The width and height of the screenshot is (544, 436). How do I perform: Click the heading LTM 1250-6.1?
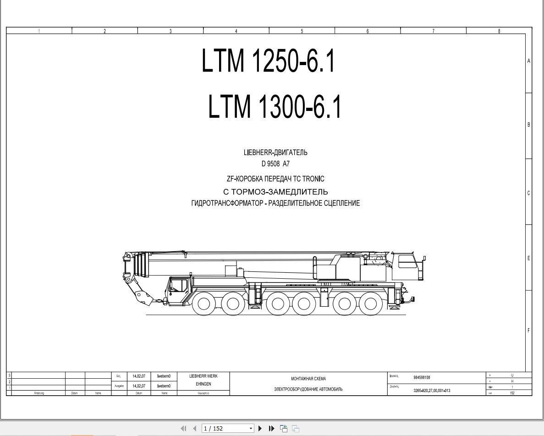click(x=268, y=61)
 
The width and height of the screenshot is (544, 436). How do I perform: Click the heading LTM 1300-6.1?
click(x=275, y=107)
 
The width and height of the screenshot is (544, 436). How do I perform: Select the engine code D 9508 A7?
click(x=275, y=164)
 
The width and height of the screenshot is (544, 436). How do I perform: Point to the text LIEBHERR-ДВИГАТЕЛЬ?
click(x=275, y=153)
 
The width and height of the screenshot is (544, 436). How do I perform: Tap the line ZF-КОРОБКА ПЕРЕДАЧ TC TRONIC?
click(x=275, y=179)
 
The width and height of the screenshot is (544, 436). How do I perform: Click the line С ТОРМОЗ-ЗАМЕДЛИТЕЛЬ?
click(x=275, y=192)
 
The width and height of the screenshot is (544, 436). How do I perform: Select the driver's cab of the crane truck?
click(x=179, y=287)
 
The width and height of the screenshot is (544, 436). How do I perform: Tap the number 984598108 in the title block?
click(x=422, y=378)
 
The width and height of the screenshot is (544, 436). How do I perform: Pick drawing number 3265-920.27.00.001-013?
click(x=431, y=391)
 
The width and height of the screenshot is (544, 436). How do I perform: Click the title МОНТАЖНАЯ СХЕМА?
click(x=308, y=379)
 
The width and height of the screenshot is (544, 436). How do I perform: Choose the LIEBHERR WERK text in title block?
click(x=203, y=376)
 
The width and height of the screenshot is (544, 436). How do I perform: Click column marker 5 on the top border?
click(x=302, y=31)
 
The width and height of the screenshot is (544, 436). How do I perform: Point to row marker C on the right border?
click(x=528, y=193)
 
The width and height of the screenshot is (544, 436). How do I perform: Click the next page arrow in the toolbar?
click(x=260, y=428)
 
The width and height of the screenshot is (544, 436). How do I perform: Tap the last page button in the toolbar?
click(x=271, y=428)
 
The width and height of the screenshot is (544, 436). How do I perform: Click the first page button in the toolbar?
click(x=184, y=428)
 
